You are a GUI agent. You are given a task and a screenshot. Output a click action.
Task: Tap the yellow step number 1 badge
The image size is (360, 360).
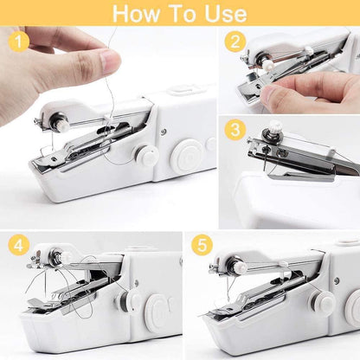(18, 40)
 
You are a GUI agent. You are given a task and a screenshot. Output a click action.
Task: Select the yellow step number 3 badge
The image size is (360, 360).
(234, 131)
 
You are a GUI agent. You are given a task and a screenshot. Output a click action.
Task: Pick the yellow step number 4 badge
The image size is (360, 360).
(18, 245)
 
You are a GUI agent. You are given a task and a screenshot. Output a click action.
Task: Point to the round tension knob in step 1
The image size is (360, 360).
(148, 157)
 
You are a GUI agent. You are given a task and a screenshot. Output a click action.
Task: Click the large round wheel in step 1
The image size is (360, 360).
(186, 157)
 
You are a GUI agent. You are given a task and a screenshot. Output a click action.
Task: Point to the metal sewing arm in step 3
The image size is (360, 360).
(294, 160)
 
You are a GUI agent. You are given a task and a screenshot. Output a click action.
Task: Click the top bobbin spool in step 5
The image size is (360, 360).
(239, 267)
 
